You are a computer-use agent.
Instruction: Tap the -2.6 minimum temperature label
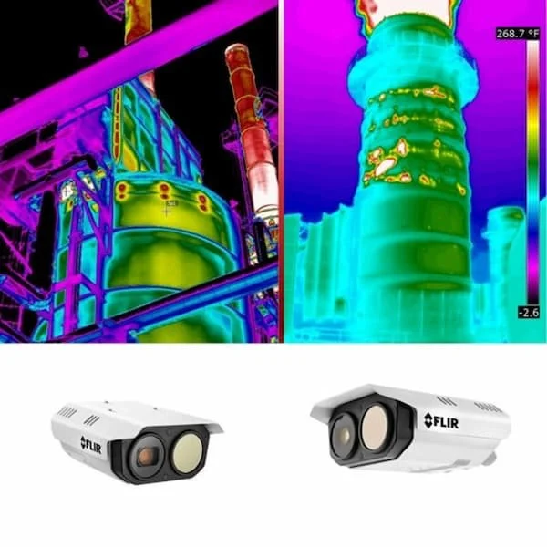click(528, 313)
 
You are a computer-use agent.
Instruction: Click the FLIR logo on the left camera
click(92, 444)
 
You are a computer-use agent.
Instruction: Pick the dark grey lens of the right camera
click(343, 430)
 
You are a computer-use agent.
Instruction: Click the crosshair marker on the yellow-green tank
click(167, 210)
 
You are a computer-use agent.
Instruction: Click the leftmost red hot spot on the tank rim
click(120, 191)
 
